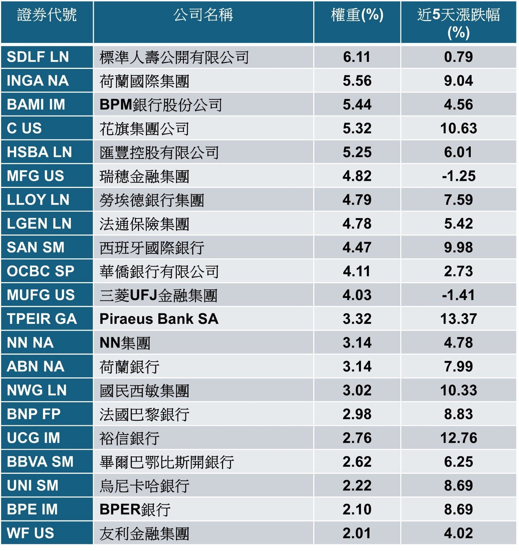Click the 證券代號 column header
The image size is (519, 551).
(x=47, y=15)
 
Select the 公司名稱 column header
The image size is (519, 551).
(x=203, y=15)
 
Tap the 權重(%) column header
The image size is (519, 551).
(x=357, y=15)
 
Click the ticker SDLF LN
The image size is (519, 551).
(x=38, y=57)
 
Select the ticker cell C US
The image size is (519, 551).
(x=24, y=128)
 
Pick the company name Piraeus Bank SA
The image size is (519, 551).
(x=159, y=319)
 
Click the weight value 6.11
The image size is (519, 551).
(x=357, y=57)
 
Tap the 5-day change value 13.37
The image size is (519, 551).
(x=458, y=319)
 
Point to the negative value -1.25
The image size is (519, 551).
(x=458, y=176)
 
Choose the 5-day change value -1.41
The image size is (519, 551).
(x=458, y=295)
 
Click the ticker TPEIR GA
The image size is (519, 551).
(x=42, y=319)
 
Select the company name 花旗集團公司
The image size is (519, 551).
(x=144, y=129)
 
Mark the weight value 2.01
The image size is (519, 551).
(x=357, y=533)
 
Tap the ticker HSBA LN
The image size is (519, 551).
(x=39, y=152)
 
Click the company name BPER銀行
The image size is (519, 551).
(x=135, y=510)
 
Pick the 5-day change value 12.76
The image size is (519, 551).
(x=458, y=438)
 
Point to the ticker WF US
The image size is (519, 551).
(x=31, y=533)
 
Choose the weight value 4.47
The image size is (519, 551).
(x=357, y=247)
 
